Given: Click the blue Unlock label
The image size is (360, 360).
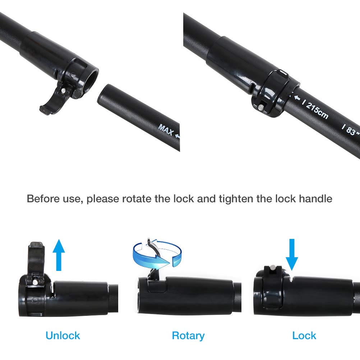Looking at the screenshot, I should (x=63, y=336).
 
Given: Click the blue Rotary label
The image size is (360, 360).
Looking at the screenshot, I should (x=188, y=336).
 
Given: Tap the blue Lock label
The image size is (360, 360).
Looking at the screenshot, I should (x=304, y=336).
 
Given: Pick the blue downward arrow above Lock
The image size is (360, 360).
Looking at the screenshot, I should (x=291, y=254).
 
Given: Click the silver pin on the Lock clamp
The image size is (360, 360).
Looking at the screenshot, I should (x=273, y=267).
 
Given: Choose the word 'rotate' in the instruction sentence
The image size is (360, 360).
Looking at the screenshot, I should (x=137, y=198).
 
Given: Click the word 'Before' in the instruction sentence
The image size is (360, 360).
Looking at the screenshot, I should (x=42, y=198).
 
